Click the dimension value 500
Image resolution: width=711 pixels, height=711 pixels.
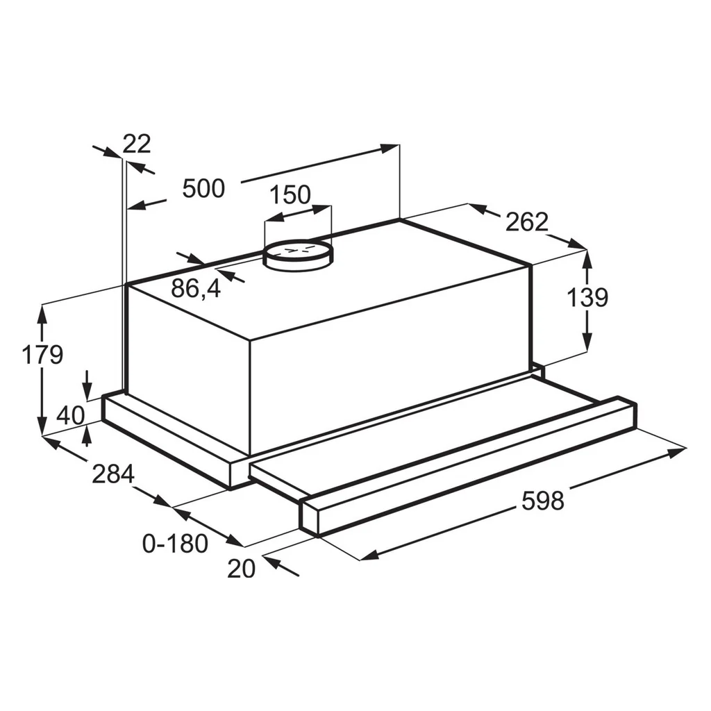tap(203, 188)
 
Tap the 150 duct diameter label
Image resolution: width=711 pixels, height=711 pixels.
tap(290, 194)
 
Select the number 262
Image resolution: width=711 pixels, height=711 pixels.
tap(527, 221)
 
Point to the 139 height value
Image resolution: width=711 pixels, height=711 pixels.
tap(587, 297)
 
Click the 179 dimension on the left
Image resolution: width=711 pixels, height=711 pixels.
tap(42, 355)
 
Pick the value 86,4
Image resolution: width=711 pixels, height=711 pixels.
tap(196, 288)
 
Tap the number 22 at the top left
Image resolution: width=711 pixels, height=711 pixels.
tap(137, 144)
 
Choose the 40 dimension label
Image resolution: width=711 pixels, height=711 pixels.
tap(71, 415)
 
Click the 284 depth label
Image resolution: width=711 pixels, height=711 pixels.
tap(113, 474)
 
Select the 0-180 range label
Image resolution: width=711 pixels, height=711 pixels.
tap(176, 543)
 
